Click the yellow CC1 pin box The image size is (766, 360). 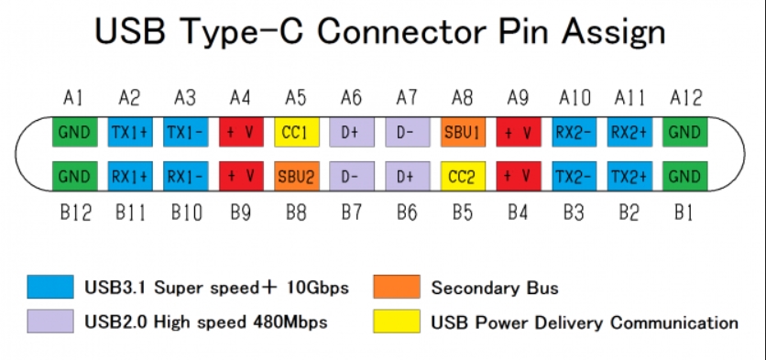(297, 132)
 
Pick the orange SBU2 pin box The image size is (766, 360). (297, 177)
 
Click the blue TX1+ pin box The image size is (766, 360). (130, 132)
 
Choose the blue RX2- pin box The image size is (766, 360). (574, 132)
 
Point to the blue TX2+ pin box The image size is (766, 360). (629, 177)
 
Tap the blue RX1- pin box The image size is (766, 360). (186, 177)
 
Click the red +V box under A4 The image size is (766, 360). (241, 132)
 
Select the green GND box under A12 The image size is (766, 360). (684, 132)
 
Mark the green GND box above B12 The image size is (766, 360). (75, 177)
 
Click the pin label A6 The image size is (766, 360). (351, 98)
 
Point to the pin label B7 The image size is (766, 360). (351, 213)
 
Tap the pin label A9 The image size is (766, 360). (518, 98)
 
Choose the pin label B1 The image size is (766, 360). (684, 213)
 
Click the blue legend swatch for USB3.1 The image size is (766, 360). (50, 287)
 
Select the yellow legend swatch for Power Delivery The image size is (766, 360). (397, 322)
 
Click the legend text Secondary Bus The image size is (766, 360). (495, 288)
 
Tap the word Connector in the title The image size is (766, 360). (401, 32)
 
